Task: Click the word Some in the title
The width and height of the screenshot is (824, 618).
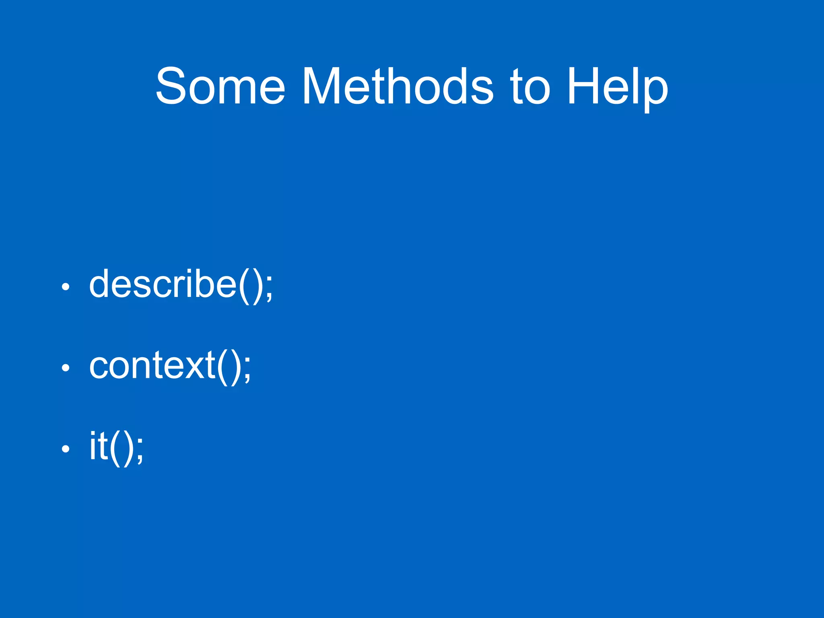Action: [x=220, y=86]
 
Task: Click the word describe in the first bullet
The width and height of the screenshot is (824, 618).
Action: [x=163, y=284]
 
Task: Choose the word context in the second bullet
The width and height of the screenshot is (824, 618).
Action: [x=152, y=365]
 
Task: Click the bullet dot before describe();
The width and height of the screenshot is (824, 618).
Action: [x=66, y=287]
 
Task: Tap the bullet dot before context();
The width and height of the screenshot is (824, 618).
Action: [x=66, y=368]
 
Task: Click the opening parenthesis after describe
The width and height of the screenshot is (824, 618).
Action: [x=244, y=285]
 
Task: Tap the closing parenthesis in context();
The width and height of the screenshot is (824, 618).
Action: [x=235, y=366]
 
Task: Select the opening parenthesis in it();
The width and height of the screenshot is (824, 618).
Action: [x=115, y=447]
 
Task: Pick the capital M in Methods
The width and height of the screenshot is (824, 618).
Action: [x=320, y=86]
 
